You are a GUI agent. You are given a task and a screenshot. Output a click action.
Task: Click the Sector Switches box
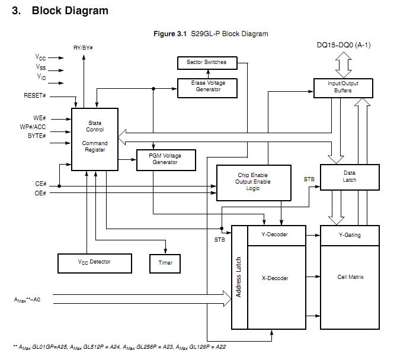(x=206, y=62)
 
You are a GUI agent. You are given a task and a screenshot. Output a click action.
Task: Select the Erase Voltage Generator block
(x=208, y=86)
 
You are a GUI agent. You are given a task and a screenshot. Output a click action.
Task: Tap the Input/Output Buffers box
(x=342, y=87)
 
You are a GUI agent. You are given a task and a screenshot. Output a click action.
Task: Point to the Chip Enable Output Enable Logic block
(x=254, y=182)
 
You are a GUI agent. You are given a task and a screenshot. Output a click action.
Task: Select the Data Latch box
(x=349, y=176)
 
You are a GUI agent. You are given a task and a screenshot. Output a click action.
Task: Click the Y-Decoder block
(x=276, y=235)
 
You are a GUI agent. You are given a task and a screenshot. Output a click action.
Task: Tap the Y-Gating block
(x=349, y=235)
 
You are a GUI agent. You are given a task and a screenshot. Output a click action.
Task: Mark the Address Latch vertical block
(x=239, y=277)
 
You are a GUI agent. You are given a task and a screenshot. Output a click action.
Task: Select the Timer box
(x=165, y=262)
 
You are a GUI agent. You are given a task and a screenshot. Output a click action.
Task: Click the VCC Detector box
(x=94, y=262)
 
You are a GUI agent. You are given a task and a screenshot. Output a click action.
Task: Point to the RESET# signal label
(x=35, y=95)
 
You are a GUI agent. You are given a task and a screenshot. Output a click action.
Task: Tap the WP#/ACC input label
(x=32, y=127)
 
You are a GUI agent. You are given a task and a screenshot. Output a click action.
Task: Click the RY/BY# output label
(x=84, y=47)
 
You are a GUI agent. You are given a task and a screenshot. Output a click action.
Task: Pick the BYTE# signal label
(x=37, y=136)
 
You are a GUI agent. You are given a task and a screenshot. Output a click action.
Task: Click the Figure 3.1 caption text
(x=210, y=34)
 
